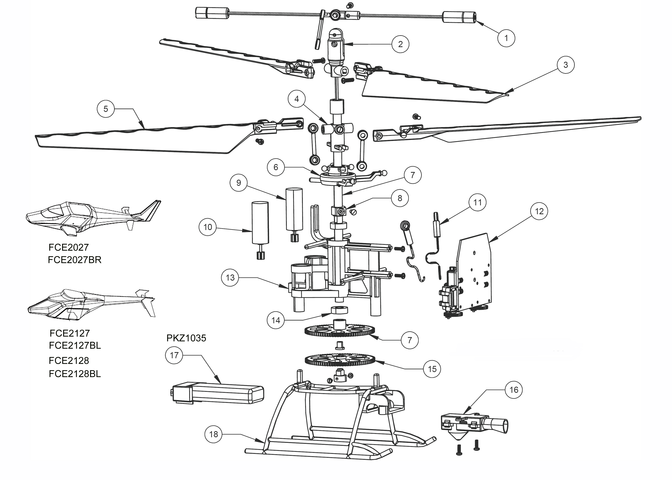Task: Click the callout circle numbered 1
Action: click(x=506, y=38)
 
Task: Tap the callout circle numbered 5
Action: click(x=106, y=109)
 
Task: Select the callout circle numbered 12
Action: click(x=539, y=211)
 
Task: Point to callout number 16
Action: click(x=514, y=390)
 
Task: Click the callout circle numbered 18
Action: click(x=213, y=434)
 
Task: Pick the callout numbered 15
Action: click(x=432, y=369)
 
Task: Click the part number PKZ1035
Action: click(x=186, y=338)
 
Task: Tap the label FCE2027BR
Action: click(x=74, y=260)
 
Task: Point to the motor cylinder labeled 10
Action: click(x=260, y=223)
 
